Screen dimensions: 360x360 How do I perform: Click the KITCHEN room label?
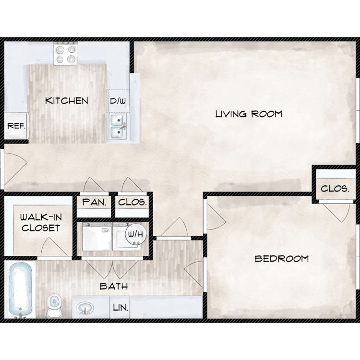click(x=67, y=101)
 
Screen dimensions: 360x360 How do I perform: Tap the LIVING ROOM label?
click(x=249, y=114)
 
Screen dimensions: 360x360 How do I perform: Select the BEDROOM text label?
click(x=282, y=259)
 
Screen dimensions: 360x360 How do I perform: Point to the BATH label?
click(x=114, y=286)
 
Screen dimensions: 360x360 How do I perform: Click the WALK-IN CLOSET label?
click(x=41, y=222)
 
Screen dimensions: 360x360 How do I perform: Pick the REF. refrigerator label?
click(x=16, y=126)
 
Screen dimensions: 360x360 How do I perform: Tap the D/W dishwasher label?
click(x=118, y=101)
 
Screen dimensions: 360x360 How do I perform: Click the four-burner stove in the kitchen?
click(x=66, y=53)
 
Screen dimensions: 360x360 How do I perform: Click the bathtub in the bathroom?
click(x=20, y=290)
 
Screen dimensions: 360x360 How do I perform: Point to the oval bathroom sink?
click(x=85, y=308)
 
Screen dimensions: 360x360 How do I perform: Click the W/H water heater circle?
click(x=136, y=234)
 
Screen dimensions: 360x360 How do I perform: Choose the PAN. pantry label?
click(x=94, y=202)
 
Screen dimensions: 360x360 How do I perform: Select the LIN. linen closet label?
click(x=120, y=308)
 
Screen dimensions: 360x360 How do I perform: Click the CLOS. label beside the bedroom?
click(x=335, y=189)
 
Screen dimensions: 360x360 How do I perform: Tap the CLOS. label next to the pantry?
click(x=132, y=202)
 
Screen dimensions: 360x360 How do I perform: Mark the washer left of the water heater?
click(x=97, y=237)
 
